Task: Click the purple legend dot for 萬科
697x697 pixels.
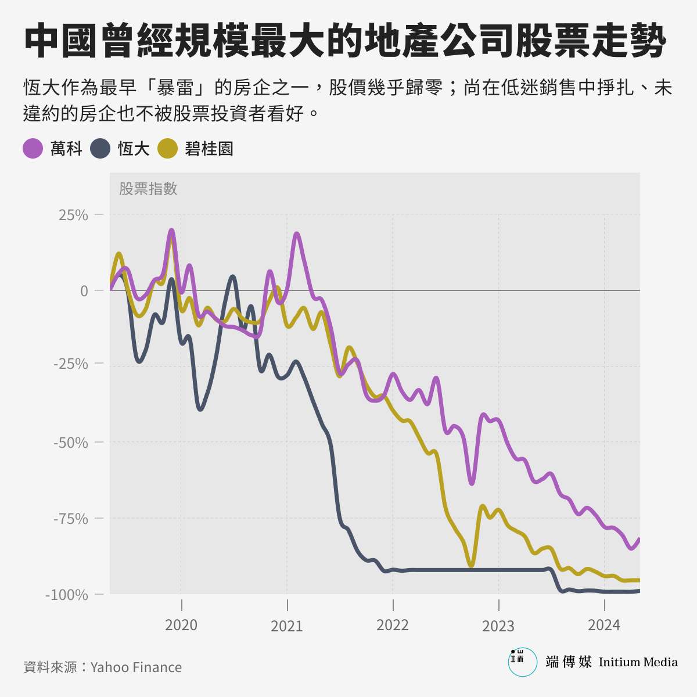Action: point(33,148)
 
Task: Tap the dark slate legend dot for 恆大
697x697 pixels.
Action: point(100,148)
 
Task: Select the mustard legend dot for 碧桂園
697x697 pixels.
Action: point(167,148)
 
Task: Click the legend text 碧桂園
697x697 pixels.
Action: point(209,149)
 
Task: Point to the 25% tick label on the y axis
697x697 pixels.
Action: point(73,215)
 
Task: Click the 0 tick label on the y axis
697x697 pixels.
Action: point(84,291)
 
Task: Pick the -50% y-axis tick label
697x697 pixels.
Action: point(70,443)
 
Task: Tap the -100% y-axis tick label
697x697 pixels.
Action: point(67,595)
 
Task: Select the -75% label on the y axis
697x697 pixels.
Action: point(70,519)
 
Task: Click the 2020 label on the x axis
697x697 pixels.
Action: point(181,625)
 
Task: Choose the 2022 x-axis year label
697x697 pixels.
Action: point(393,625)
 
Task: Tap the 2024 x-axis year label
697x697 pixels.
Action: point(604,625)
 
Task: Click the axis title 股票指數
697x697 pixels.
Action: point(148,188)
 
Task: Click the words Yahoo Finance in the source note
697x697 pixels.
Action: point(136,667)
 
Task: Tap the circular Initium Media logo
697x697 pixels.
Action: point(522,662)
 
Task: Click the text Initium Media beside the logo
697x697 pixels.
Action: point(638,662)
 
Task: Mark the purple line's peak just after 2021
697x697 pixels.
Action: point(297,234)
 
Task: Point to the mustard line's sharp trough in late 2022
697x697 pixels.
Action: point(471,565)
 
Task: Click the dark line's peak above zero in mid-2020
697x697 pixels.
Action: point(232,278)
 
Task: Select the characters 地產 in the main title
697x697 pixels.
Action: point(401,41)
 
